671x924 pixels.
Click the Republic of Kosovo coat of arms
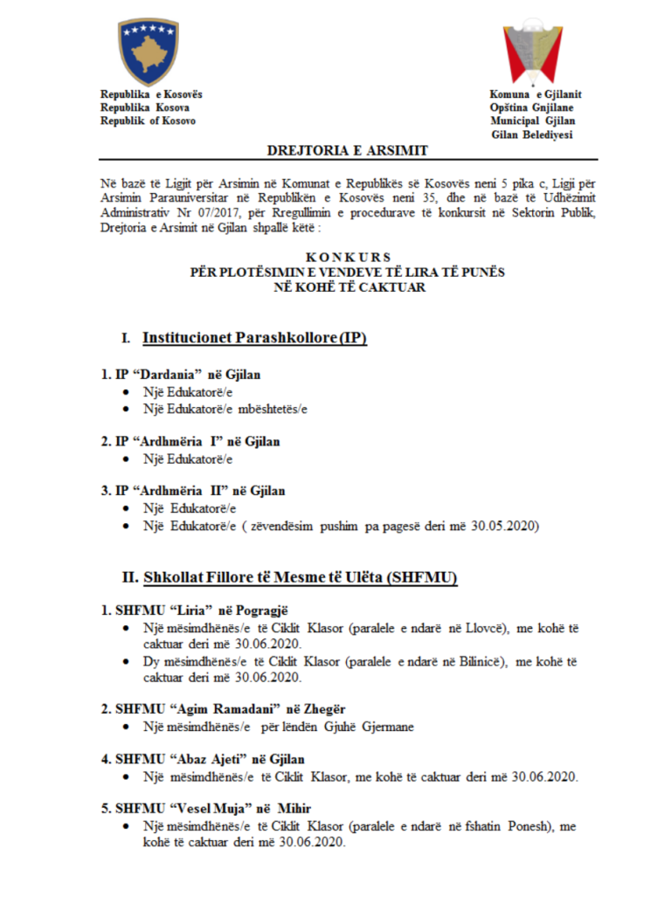click(148, 51)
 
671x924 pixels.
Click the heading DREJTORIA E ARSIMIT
click(347, 150)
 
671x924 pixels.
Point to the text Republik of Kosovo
click(148, 121)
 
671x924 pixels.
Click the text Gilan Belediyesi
click(531, 134)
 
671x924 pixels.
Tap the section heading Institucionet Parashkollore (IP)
click(254, 337)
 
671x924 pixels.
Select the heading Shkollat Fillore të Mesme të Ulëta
click(300, 578)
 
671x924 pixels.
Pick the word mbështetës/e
click(273, 408)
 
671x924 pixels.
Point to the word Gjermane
click(394, 726)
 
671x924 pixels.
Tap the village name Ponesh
click(524, 826)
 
